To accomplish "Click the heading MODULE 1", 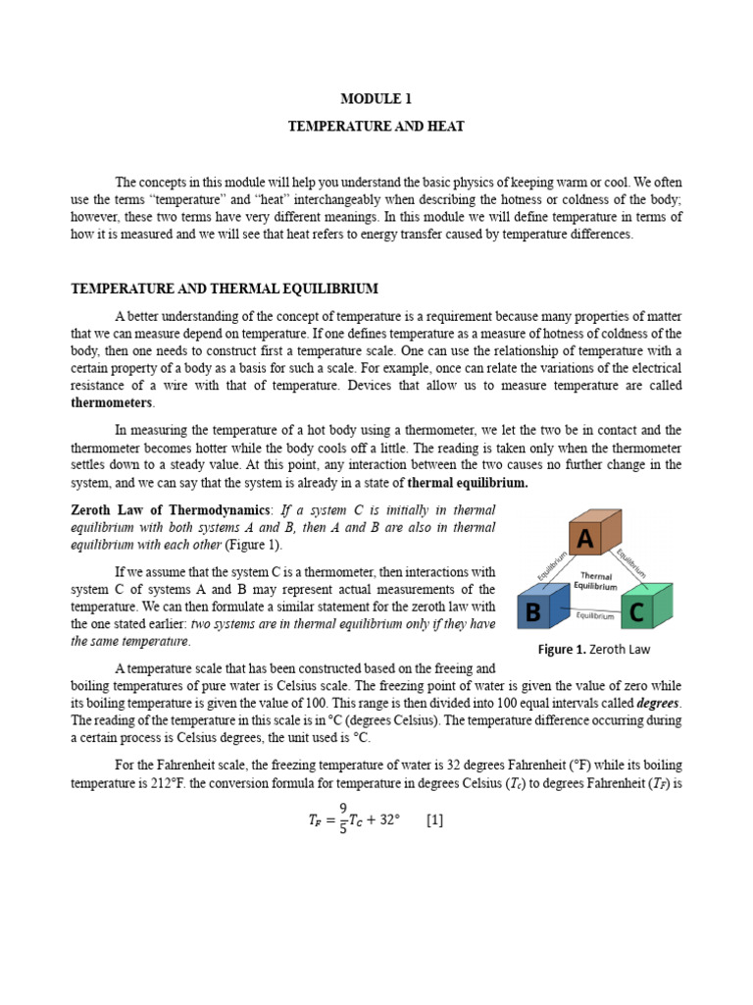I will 376,99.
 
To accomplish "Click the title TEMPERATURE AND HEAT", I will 376,127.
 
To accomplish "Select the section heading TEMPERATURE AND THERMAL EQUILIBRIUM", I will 225,289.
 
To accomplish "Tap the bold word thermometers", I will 112,402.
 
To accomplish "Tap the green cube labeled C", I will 643,610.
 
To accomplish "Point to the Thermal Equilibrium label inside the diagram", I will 597,581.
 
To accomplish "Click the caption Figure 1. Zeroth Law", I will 594,649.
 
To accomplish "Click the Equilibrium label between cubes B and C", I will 594,617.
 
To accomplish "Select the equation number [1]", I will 434,820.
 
